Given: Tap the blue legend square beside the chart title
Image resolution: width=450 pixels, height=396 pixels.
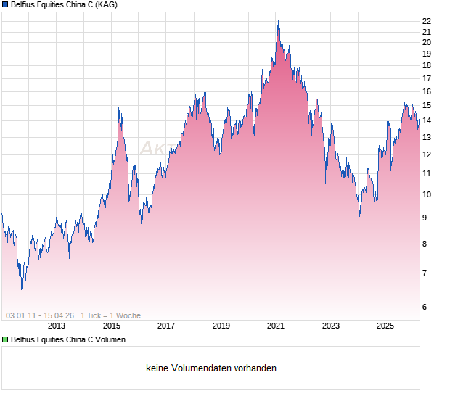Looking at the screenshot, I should (x=5, y=5).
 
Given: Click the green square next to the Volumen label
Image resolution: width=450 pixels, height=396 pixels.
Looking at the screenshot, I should (x=5, y=339).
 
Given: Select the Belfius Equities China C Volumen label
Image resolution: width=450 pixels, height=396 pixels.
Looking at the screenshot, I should (x=67, y=339).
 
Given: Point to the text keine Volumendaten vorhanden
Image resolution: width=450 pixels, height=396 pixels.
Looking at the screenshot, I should (x=211, y=368).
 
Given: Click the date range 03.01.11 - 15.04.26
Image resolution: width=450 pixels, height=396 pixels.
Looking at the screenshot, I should (x=40, y=315).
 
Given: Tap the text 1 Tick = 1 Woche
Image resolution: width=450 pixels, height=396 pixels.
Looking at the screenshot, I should (x=110, y=315).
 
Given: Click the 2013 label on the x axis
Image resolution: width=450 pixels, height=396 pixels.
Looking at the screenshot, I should (x=57, y=326).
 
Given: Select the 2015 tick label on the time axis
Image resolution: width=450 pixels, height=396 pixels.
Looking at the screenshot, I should (x=112, y=326).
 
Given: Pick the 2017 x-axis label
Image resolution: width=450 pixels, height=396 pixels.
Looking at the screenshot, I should (x=166, y=326).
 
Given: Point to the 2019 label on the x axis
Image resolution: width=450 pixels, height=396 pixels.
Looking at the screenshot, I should (x=221, y=326).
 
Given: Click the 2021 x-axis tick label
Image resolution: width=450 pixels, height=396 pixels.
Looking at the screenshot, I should (x=276, y=326).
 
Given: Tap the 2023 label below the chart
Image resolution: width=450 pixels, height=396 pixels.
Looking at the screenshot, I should (x=331, y=326).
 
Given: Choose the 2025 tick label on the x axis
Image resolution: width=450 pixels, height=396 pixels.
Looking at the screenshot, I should (x=385, y=326).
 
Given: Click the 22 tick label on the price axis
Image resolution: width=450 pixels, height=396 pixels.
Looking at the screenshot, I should (x=427, y=21).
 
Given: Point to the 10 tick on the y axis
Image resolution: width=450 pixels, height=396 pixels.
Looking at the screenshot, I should (x=427, y=194).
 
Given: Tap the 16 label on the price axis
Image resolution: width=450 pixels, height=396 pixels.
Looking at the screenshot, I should (x=427, y=91).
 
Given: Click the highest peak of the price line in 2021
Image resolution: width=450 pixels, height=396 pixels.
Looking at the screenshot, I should (x=278, y=17).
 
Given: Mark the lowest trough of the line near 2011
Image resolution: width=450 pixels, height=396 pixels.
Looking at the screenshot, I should (x=22, y=289).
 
